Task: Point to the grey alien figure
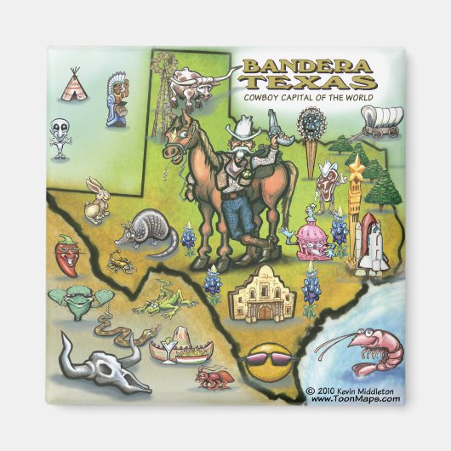[60, 137]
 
